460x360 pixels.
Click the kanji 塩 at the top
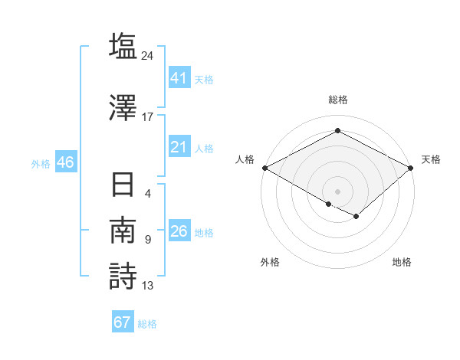point(123,46)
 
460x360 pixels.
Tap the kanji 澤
point(123,106)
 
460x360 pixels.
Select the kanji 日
point(123,186)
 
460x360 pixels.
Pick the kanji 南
point(123,231)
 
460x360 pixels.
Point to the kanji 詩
point(123,276)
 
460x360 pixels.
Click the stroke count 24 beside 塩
point(149,56)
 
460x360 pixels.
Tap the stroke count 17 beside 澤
point(148,116)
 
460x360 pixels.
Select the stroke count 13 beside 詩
point(148,286)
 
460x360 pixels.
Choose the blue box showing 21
point(179,147)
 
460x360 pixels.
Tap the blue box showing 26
point(179,231)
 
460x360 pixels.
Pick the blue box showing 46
point(65,162)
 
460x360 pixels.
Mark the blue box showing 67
point(122,322)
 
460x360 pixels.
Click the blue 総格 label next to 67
point(147,324)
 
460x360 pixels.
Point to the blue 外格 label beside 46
point(41,164)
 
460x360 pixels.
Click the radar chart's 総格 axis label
point(337,100)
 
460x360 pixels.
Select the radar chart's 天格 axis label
point(431,159)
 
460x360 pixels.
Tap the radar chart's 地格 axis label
point(402,262)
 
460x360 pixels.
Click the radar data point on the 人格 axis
point(264,168)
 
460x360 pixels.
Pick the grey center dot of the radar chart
point(337,191)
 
